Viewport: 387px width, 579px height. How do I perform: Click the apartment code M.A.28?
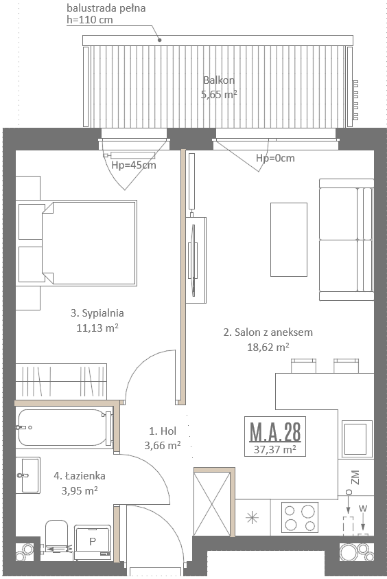[x=275, y=431]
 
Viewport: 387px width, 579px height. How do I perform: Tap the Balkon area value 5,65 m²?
[x=219, y=95]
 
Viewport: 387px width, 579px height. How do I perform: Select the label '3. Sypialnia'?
[x=97, y=313]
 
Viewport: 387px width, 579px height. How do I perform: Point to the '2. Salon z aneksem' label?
[x=268, y=332]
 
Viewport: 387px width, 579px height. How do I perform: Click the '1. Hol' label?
[x=163, y=431]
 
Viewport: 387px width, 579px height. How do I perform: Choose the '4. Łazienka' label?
[x=80, y=475]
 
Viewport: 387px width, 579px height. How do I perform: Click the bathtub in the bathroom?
[x=65, y=428]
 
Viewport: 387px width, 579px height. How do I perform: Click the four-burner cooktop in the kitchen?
[x=300, y=517]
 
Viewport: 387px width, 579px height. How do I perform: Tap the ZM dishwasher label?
[x=355, y=477]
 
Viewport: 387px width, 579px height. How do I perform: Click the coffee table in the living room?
[x=289, y=239]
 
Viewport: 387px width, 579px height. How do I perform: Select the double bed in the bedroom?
[x=89, y=243]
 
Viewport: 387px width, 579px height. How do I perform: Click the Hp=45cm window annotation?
[x=134, y=165]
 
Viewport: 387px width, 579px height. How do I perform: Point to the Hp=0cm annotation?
[x=275, y=158]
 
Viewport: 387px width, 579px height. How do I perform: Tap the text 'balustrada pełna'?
[x=106, y=8]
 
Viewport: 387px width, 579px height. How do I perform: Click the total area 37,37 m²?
[x=275, y=449]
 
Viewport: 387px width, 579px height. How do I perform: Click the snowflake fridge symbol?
[x=253, y=518]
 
